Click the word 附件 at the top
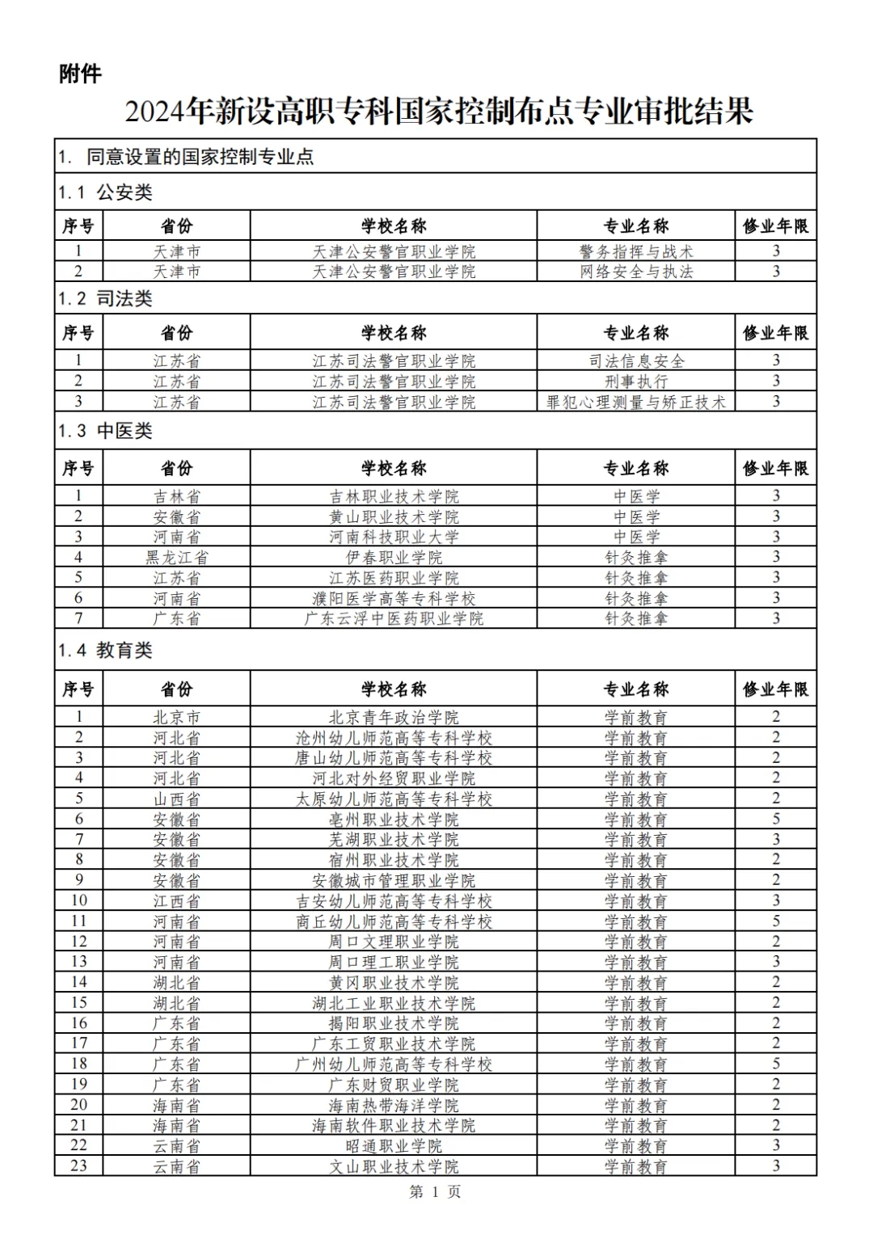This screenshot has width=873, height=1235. coord(80,74)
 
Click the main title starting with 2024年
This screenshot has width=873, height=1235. coord(438,112)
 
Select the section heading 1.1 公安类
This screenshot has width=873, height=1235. coord(105,192)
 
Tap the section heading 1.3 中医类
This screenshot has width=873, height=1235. coord(105,431)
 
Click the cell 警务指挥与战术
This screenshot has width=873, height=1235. coord(636,251)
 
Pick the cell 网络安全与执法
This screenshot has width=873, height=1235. coord(636,272)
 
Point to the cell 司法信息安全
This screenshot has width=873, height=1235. coord(636,360)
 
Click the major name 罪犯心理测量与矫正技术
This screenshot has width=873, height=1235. coord(636,402)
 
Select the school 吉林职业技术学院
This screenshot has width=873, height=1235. coord(394,496)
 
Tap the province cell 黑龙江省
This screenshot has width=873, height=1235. coord(177,557)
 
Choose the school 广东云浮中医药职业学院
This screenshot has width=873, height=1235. coord(394,618)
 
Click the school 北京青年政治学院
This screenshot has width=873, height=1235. coord(394,717)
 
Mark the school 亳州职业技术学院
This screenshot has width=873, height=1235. coord(394,820)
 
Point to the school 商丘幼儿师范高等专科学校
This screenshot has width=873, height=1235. coord(394,921)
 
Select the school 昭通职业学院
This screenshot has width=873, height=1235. coord(394,1146)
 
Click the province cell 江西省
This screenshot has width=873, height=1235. coord(177,901)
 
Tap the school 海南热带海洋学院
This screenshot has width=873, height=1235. coord(394,1105)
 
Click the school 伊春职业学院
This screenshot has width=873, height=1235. coord(394,557)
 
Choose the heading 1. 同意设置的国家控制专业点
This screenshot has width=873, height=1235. coord(186,157)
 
